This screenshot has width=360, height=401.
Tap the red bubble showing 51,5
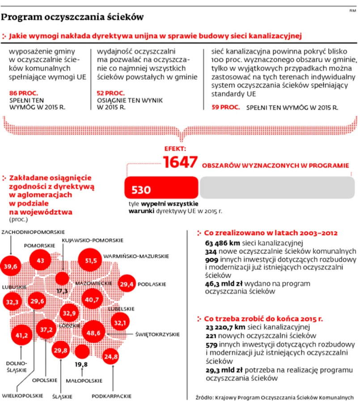[x=91, y=261]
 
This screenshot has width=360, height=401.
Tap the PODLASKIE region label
[x=152, y=283]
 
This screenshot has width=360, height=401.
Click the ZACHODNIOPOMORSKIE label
[x=33, y=232]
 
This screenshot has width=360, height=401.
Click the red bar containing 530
[x=161, y=188]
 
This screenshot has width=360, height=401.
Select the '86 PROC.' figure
[x=23, y=93]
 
